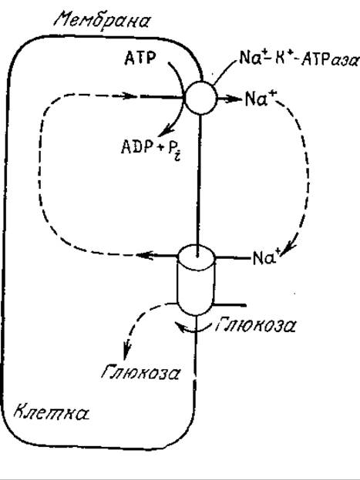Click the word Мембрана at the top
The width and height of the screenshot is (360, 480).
(102, 21)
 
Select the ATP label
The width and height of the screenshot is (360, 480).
(140, 58)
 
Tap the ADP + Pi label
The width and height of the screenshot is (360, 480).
(152, 149)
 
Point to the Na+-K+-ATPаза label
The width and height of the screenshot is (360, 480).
(298, 58)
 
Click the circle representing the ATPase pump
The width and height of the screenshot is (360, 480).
(200, 98)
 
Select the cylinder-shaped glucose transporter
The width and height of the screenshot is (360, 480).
(196, 280)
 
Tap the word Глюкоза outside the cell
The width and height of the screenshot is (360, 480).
(255, 325)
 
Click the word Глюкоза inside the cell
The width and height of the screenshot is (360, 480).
(140, 373)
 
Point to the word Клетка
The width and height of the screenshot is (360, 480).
(52, 412)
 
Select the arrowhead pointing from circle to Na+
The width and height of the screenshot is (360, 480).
(234, 99)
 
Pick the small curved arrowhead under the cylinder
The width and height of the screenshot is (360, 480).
(181, 327)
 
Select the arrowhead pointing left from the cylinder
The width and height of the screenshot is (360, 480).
(145, 255)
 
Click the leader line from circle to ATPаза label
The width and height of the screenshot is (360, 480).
(226, 70)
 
